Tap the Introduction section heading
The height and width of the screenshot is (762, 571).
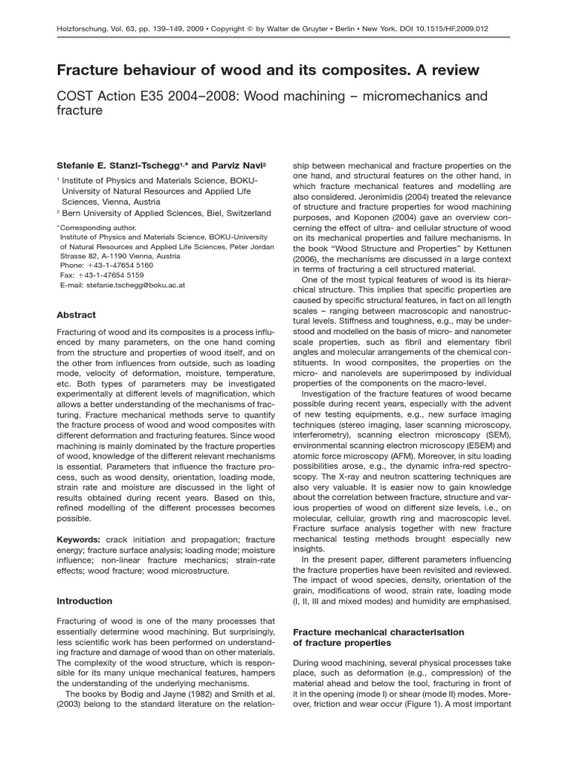pyautogui.click(x=85, y=601)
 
